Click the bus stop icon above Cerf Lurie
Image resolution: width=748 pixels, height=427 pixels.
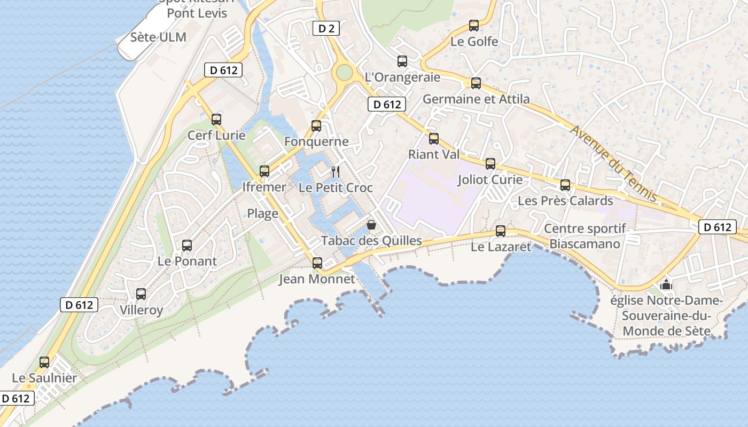(x=216, y=119)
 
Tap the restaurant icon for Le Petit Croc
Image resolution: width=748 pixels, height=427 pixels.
(x=336, y=171)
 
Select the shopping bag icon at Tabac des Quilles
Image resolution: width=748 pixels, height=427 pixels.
(x=371, y=225)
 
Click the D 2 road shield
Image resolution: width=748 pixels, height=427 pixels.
(x=326, y=29)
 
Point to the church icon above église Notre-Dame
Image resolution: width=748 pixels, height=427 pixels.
(x=666, y=284)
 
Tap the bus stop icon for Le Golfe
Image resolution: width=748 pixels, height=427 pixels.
(x=473, y=25)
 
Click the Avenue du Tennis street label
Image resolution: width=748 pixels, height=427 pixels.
(x=613, y=163)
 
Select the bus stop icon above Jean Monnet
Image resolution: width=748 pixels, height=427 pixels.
(x=317, y=263)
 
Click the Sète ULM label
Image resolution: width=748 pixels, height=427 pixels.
(x=159, y=37)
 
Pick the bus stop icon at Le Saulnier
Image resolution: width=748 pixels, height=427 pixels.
(x=44, y=362)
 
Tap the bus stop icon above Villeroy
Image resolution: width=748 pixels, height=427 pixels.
(x=141, y=294)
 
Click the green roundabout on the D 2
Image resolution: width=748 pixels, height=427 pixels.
(x=344, y=72)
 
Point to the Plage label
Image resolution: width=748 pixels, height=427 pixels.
(x=262, y=213)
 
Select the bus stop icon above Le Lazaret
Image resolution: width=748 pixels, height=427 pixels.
(x=501, y=231)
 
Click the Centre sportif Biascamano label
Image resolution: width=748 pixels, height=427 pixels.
(x=585, y=236)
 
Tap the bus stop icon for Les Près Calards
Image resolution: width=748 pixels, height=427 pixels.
(x=565, y=185)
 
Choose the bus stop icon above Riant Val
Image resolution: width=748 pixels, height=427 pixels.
(x=434, y=139)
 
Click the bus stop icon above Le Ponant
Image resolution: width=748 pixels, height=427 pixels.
(x=187, y=246)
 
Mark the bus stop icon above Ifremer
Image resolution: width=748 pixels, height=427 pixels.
(x=264, y=171)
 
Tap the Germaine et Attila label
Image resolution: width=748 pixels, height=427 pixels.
(x=476, y=99)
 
